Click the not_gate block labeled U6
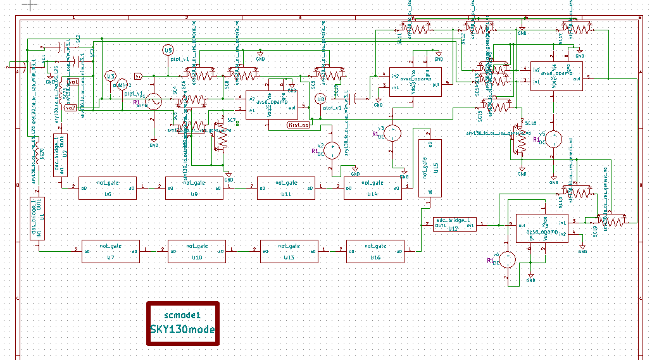pos(107,189)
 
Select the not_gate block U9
pos(194,189)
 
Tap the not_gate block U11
pos(286,189)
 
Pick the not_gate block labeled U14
pos(372,189)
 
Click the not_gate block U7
pos(110,251)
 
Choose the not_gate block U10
pos(196,251)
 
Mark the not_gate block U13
pos(289,251)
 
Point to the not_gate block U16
pos(375,251)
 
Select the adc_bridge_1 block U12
pos(455,225)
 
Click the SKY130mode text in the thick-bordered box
pos(182,330)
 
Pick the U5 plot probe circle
pos(168,51)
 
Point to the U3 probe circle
pos(111,76)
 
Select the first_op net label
pos(298,125)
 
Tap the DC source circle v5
pos(553,139)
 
